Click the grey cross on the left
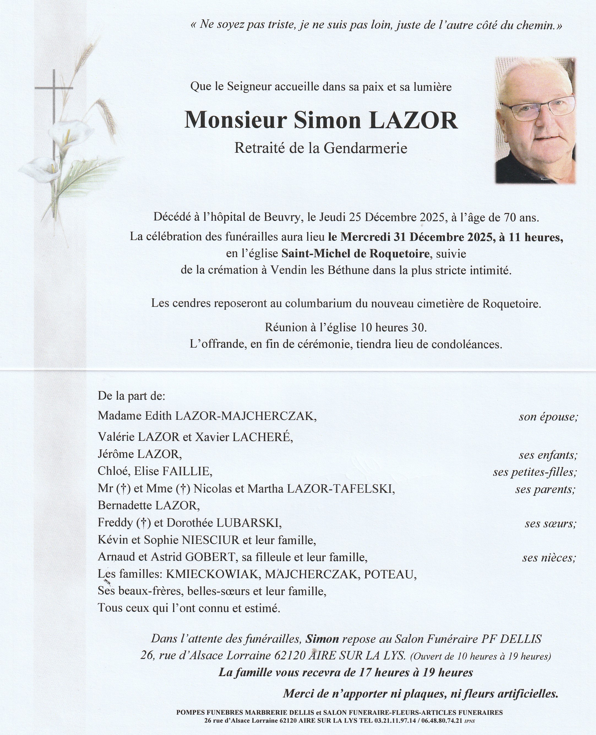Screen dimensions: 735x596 pos(54,103)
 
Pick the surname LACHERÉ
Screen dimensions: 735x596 pos(263,437)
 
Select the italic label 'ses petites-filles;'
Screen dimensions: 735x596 pos(535,472)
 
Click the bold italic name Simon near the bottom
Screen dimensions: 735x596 pos(322,639)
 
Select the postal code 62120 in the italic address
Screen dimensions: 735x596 pos(290,656)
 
